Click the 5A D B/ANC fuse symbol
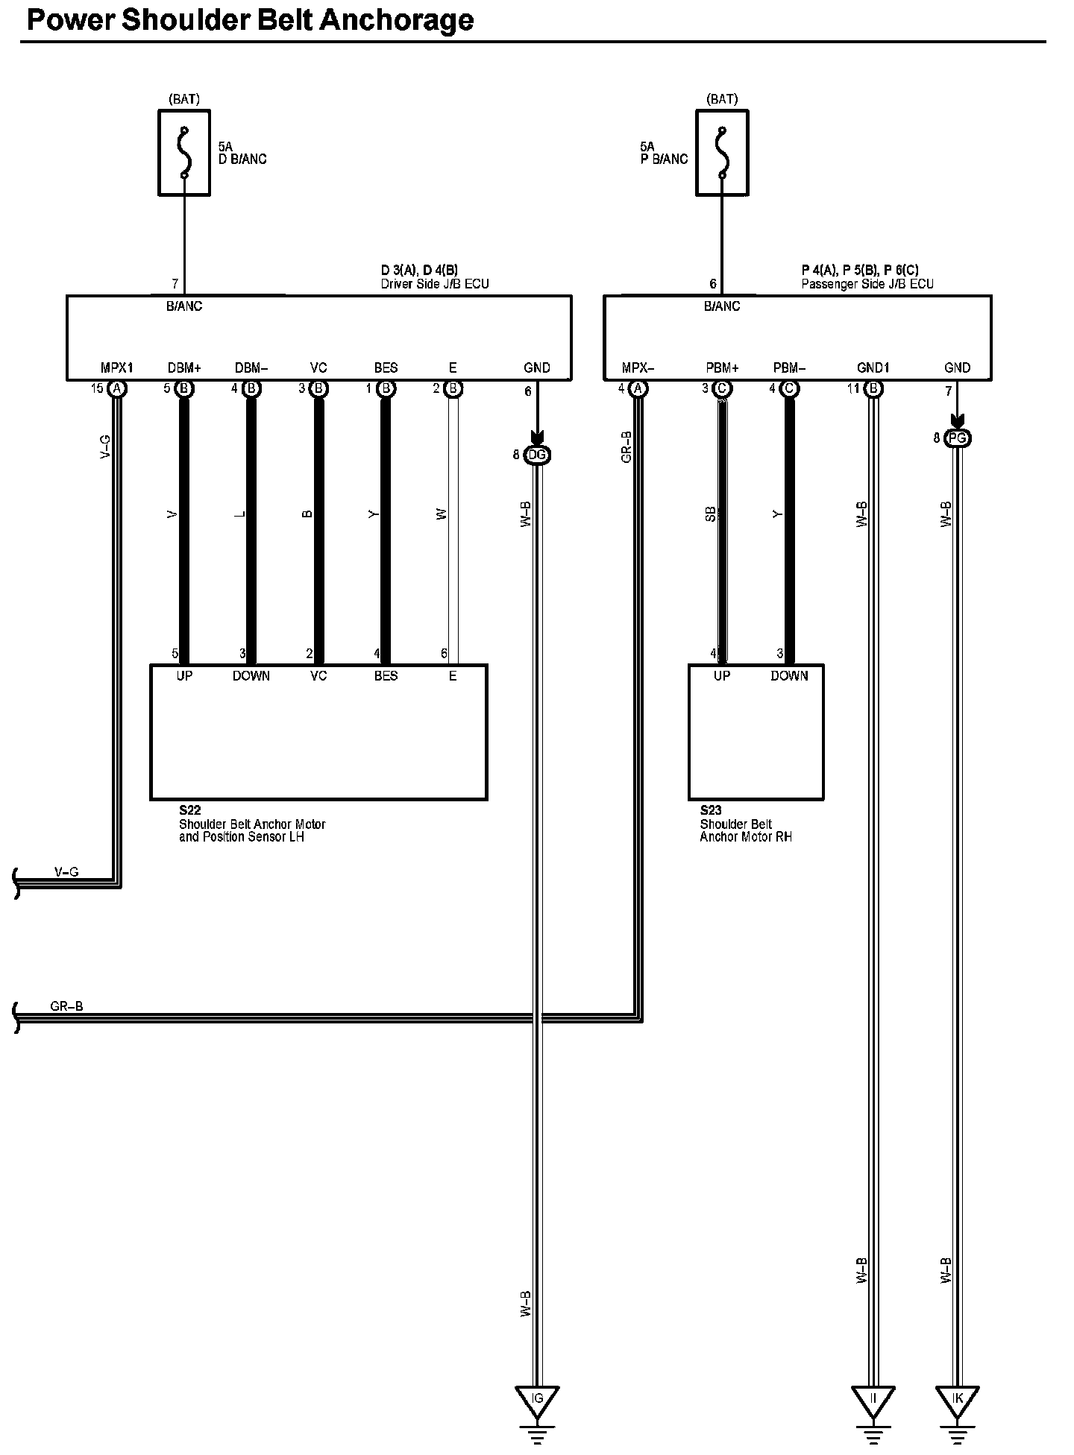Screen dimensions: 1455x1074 click(x=184, y=153)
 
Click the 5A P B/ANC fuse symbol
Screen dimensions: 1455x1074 click(x=721, y=153)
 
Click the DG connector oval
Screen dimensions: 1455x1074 click(x=537, y=455)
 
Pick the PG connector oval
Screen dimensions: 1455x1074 click(x=958, y=438)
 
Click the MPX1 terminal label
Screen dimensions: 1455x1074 click(x=116, y=368)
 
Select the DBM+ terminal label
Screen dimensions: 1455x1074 click(x=184, y=368)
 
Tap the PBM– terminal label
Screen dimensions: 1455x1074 click(x=789, y=368)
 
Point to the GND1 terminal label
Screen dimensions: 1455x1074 click(x=873, y=368)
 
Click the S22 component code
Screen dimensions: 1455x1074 click(x=189, y=810)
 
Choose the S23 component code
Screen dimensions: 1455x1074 click(x=711, y=810)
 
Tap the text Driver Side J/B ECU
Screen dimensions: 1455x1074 click(x=435, y=284)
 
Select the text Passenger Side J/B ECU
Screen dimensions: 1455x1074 click(x=867, y=284)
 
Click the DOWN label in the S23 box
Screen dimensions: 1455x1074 click(x=789, y=676)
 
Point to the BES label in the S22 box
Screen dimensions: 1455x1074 click(x=386, y=676)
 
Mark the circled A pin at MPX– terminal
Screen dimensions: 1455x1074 click(x=638, y=388)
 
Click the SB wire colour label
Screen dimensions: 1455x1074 click(x=711, y=514)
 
